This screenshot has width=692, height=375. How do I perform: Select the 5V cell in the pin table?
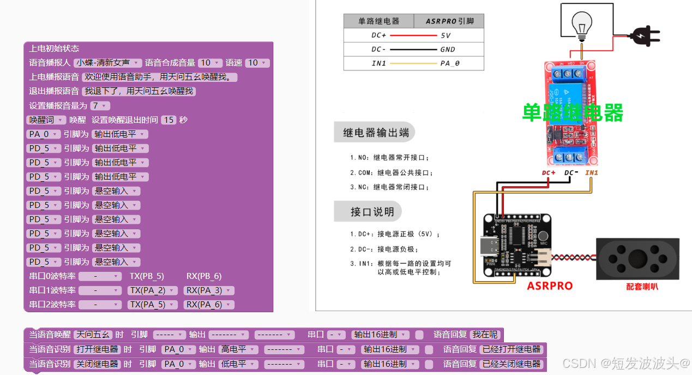click(446, 35)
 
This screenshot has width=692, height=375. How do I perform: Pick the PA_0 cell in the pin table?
click(450, 63)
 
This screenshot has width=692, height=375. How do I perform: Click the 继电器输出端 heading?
click(374, 132)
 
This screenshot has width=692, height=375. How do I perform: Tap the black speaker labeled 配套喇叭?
click(637, 259)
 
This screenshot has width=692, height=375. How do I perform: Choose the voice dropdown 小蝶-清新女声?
click(107, 63)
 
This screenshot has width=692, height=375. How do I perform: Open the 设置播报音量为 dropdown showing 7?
click(100, 106)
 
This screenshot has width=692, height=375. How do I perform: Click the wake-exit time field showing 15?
click(169, 120)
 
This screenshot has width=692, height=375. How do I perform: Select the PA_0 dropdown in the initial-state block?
click(43, 134)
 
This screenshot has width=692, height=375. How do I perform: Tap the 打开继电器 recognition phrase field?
click(97, 349)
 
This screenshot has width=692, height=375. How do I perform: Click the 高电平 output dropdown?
click(238, 349)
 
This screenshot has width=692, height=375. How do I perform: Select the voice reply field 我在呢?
click(485, 335)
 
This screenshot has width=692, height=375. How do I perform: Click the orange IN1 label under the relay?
click(592, 173)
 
